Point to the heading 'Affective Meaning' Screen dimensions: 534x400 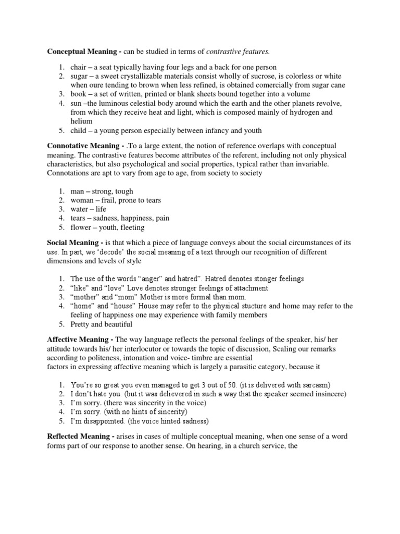pos(79,339)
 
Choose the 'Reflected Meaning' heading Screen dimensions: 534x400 pos(81,436)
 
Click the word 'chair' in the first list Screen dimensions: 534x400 pos(78,67)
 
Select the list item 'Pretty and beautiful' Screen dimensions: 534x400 pos(102,324)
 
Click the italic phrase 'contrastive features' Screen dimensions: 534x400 pos(239,52)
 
